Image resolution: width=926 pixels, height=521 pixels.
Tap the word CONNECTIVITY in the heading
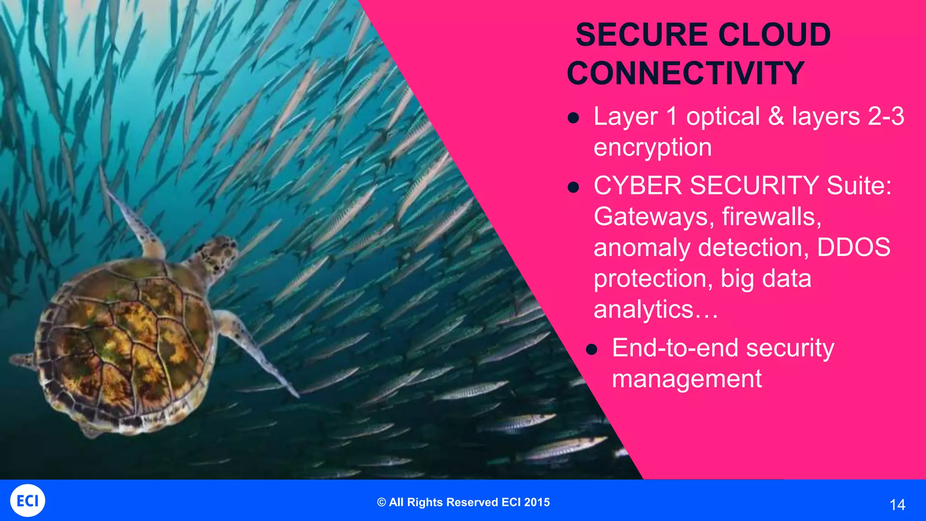tap(685, 73)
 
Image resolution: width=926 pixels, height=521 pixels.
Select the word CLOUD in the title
tap(774, 35)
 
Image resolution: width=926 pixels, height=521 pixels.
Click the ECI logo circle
tap(28, 501)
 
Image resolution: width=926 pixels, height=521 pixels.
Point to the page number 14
tap(897, 505)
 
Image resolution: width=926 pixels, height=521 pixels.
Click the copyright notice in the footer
tap(463, 502)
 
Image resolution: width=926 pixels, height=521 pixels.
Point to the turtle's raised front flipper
tap(136, 222)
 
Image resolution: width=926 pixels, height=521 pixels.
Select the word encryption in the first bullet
tap(652, 148)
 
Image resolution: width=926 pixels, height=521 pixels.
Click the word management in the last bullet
tap(686, 379)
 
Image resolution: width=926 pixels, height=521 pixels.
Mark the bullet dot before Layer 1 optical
tap(573, 118)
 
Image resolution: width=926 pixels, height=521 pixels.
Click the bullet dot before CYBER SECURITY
tap(573, 187)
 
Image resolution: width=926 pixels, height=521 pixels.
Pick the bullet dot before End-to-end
tap(592, 350)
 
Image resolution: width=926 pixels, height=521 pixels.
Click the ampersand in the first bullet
tap(776, 116)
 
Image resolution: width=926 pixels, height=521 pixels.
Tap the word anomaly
tap(642, 248)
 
